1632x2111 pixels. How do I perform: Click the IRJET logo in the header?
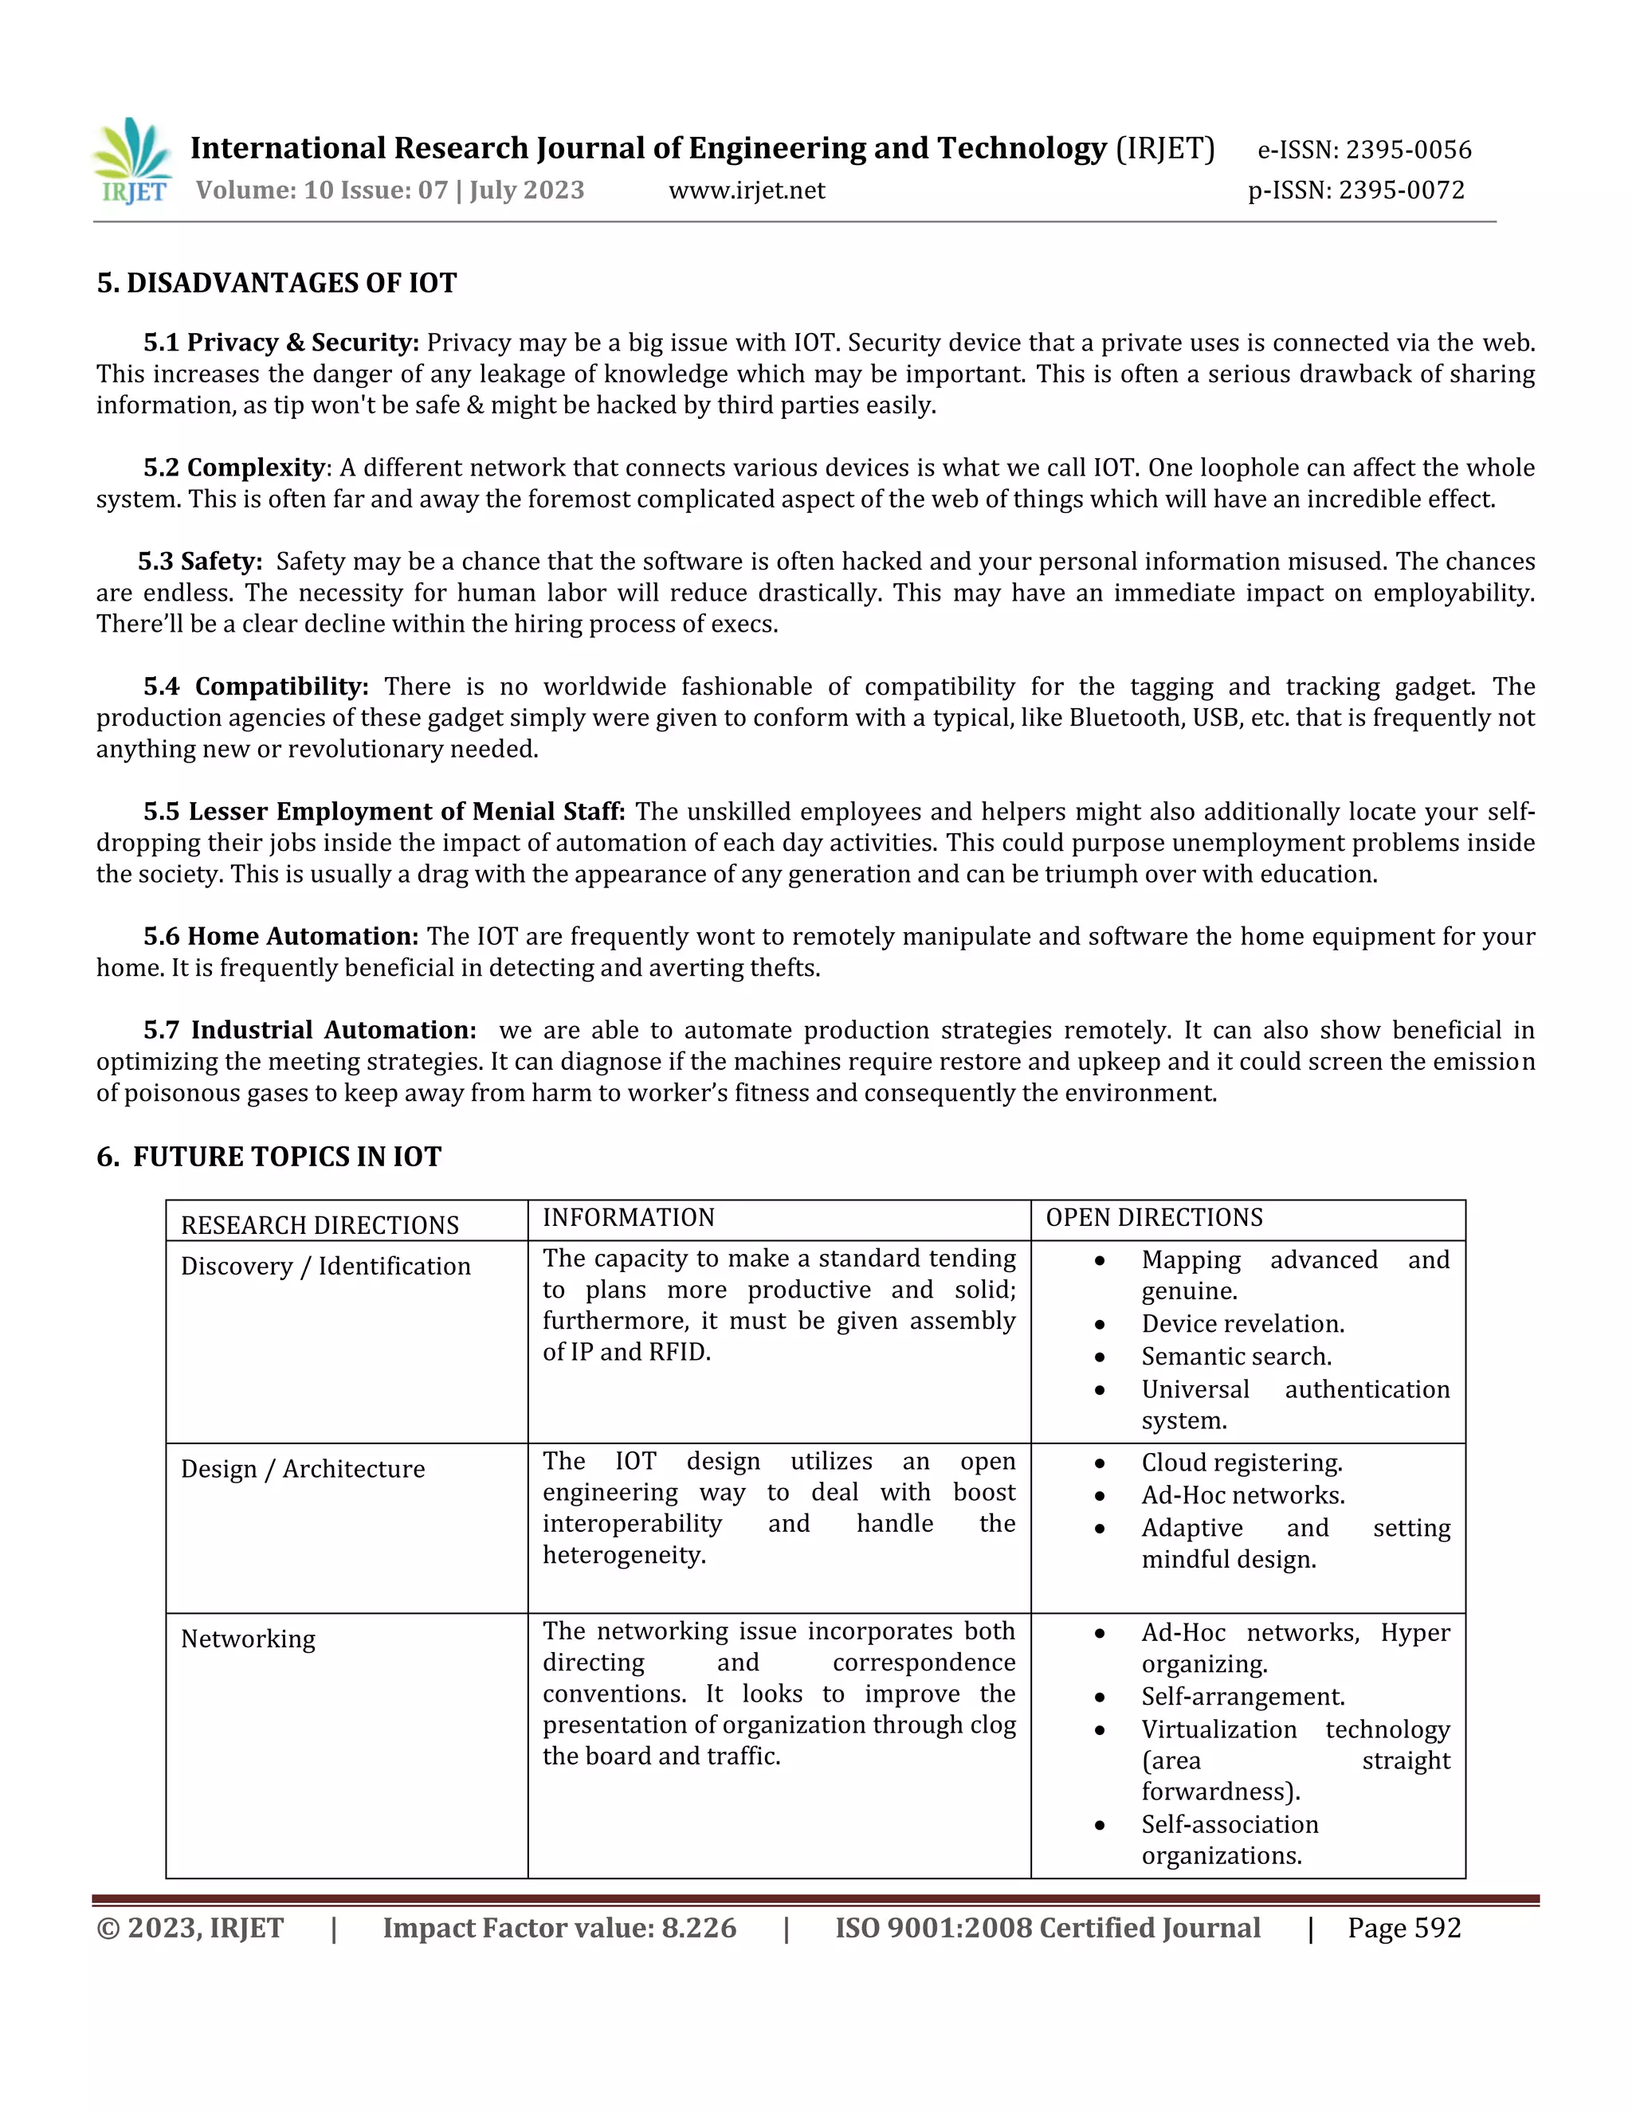tap(132, 162)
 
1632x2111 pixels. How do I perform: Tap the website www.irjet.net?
tap(747, 190)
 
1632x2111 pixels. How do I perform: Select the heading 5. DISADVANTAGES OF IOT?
tap(277, 284)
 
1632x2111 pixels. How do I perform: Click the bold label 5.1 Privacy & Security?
tap(281, 343)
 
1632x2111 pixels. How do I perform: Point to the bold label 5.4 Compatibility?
tap(257, 686)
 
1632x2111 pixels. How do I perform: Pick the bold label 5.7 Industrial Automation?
tap(309, 1030)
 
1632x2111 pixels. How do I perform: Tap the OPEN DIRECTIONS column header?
tap(1155, 1218)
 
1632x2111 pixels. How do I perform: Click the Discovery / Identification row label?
tap(325, 1267)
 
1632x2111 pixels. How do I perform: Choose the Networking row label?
tap(248, 1639)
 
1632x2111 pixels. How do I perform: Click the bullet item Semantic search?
tap(1236, 1357)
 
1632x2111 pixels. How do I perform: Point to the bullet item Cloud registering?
tap(1242, 1463)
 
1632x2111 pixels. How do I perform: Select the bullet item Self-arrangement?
tap(1242, 1698)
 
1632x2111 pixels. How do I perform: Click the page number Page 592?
tap(1404, 1929)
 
